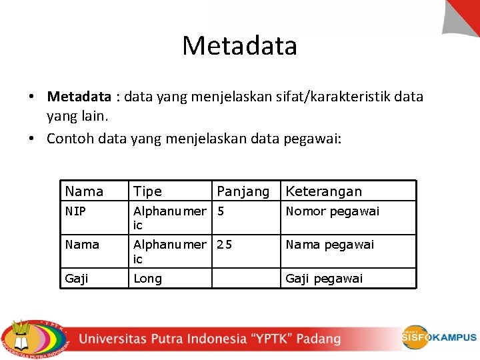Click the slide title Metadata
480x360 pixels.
239,45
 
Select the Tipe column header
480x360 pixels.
147,191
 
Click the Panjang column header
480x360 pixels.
243,191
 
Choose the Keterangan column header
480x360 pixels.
323,191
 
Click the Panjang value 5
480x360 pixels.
221,211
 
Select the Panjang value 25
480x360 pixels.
225,245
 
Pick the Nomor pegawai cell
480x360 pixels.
332,211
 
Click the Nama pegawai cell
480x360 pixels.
329,245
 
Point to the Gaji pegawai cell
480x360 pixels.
324,279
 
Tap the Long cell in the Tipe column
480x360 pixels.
147,279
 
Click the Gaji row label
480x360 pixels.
77,279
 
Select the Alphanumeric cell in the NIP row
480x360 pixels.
169,218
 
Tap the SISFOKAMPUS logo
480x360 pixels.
438,337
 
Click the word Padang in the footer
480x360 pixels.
318,339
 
